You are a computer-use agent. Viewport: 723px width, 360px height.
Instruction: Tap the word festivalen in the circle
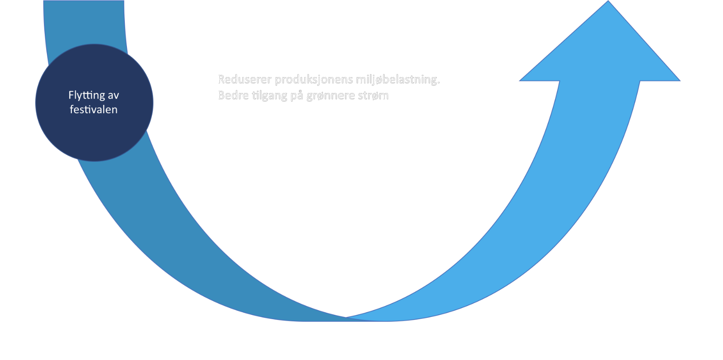[93, 110]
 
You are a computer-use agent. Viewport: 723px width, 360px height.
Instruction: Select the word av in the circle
[113, 95]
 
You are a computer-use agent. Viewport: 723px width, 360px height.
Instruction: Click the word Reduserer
[244, 80]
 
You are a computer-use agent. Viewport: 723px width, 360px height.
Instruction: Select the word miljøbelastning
[396, 80]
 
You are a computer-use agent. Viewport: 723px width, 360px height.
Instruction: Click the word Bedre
[233, 95]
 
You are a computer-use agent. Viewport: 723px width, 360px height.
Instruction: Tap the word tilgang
[269, 95]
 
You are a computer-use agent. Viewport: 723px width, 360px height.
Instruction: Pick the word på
[297, 95]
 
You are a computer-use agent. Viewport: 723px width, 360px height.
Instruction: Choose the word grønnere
[330, 95]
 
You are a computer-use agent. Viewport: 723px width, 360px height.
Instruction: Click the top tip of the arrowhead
[609, 1]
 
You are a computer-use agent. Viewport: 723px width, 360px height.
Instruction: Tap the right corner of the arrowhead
[680, 80]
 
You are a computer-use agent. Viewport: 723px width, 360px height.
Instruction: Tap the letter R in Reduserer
[222, 80]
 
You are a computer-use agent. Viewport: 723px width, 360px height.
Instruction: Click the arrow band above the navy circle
[84, 22]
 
